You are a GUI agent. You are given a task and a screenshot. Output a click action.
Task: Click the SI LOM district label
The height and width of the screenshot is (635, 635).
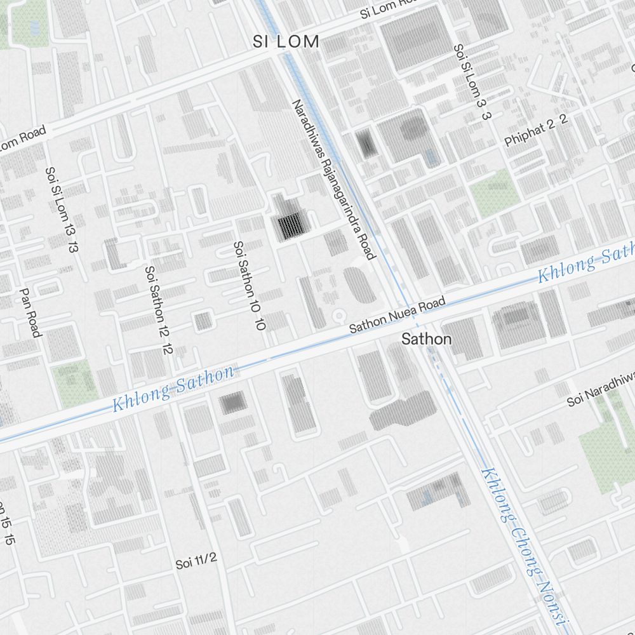click(x=286, y=42)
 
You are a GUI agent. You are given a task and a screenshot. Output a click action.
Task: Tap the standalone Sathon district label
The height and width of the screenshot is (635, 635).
click(x=426, y=339)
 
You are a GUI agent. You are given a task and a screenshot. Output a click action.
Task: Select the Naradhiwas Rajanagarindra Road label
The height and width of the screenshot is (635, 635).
click(x=334, y=179)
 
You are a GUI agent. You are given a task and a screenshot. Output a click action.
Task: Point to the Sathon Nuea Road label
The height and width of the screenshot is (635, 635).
click(x=398, y=314)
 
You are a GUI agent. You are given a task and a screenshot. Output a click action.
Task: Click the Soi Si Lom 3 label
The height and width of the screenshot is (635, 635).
click(x=473, y=83)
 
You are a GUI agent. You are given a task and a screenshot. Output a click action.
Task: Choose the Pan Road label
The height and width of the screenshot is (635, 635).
click(x=30, y=312)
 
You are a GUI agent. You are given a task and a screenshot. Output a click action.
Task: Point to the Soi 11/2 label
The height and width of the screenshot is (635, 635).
click(x=197, y=561)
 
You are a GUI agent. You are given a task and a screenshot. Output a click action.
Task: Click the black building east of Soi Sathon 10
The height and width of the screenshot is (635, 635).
click(x=290, y=225)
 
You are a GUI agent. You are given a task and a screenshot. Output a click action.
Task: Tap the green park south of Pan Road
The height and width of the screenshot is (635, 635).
click(x=76, y=384)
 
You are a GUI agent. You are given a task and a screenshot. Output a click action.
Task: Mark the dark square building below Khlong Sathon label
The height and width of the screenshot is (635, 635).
click(x=233, y=402)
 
